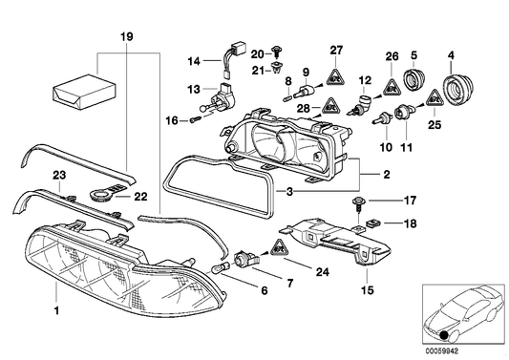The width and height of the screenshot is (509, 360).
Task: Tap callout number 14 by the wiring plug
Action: click(194, 62)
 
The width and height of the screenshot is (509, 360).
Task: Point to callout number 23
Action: click(58, 175)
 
